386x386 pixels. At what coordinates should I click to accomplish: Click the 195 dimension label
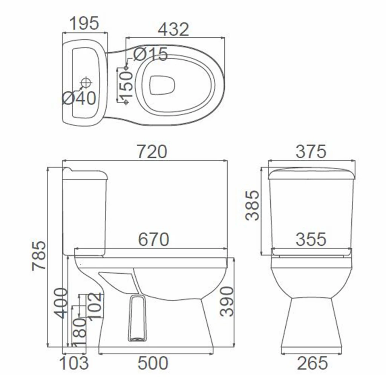84,23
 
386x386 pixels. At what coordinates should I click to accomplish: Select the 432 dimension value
173,29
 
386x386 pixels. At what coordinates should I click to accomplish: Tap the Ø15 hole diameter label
150,55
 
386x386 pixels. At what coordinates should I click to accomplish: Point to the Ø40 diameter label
79,99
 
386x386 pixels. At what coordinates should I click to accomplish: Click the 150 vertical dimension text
127,85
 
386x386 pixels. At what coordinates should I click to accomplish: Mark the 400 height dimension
61,303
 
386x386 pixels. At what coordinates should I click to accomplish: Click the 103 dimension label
74,363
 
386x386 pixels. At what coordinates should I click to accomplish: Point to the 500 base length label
153,363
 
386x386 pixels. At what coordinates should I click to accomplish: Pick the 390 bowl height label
227,301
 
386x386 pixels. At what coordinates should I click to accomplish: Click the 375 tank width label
311,152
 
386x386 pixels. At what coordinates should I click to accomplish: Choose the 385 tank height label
252,205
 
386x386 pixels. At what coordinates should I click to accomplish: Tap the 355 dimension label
311,239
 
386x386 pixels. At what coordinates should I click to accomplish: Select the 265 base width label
312,363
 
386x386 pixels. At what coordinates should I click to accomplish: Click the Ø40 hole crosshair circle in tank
86,82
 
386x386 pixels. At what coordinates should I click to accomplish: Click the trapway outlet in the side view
137,319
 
